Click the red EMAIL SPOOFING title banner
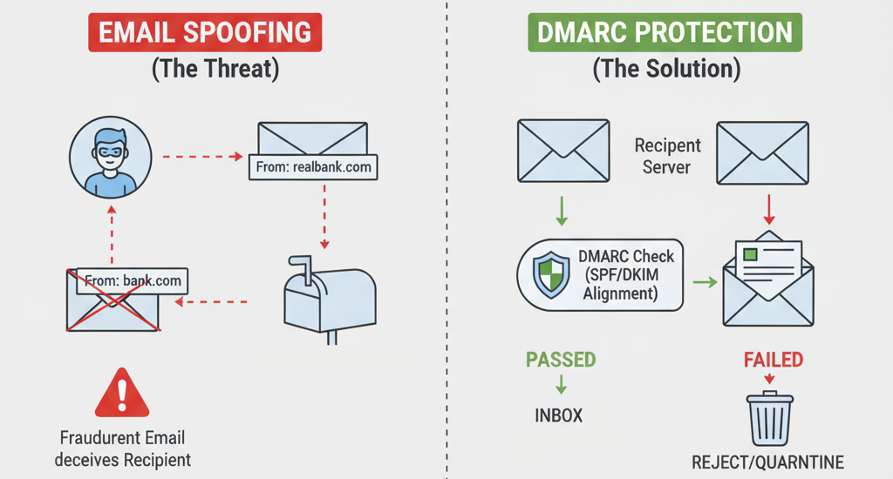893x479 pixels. (x=205, y=32)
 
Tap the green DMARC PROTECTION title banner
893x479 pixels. (x=665, y=32)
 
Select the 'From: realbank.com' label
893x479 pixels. (x=314, y=166)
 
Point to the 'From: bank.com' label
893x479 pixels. (x=133, y=280)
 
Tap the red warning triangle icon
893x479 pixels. (x=122, y=395)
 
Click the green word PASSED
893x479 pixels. (x=561, y=359)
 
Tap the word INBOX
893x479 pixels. (x=558, y=415)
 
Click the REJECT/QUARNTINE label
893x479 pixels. (x=768, y=462)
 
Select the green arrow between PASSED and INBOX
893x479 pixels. (x=560, y=385)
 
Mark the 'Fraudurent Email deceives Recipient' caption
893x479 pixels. (x=122, y=448)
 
